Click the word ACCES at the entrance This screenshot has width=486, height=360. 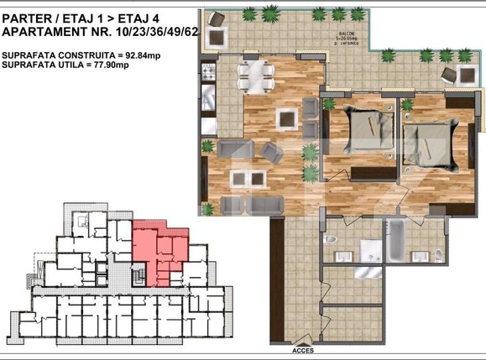[x=303, y=352]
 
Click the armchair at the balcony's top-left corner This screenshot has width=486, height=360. [x=219, y=35]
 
